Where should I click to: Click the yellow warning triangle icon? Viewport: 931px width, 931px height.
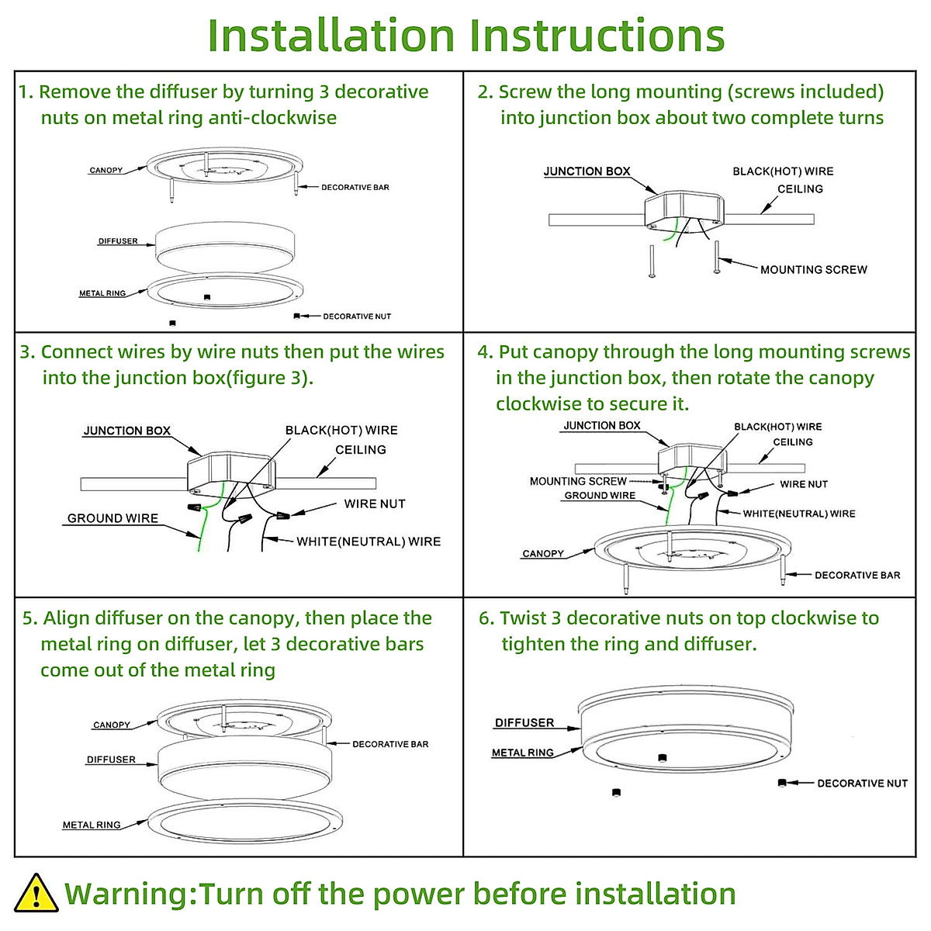coord(36,893)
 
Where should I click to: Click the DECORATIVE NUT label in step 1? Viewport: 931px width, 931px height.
coord(357,317)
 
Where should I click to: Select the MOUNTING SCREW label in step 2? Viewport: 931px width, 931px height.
coord(814,269)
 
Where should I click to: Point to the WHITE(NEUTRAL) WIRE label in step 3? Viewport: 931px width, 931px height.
coord(369,542)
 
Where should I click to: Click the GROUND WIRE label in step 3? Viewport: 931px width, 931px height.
coord(112,518)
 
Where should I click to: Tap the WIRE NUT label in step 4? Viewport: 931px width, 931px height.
coord(804,484)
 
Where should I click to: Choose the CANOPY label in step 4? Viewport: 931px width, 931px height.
coord(543,554)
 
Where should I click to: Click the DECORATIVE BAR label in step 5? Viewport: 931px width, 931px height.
coord(390,744)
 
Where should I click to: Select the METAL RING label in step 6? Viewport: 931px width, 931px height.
coord(523,753)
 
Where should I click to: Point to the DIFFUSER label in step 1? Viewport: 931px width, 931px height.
coord(118,241)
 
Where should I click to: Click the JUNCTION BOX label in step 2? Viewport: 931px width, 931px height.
coord(587,171)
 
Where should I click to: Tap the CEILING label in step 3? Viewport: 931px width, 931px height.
coord(361,450)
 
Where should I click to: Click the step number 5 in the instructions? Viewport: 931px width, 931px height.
coord(27,618)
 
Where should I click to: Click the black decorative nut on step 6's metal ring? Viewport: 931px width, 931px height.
coord(663,757)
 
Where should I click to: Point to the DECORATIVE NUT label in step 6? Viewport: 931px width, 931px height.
coord(863,783)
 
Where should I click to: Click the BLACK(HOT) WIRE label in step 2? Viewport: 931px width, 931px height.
coord(783,171)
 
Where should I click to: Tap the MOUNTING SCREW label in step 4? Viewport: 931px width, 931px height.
coord(578,481)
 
